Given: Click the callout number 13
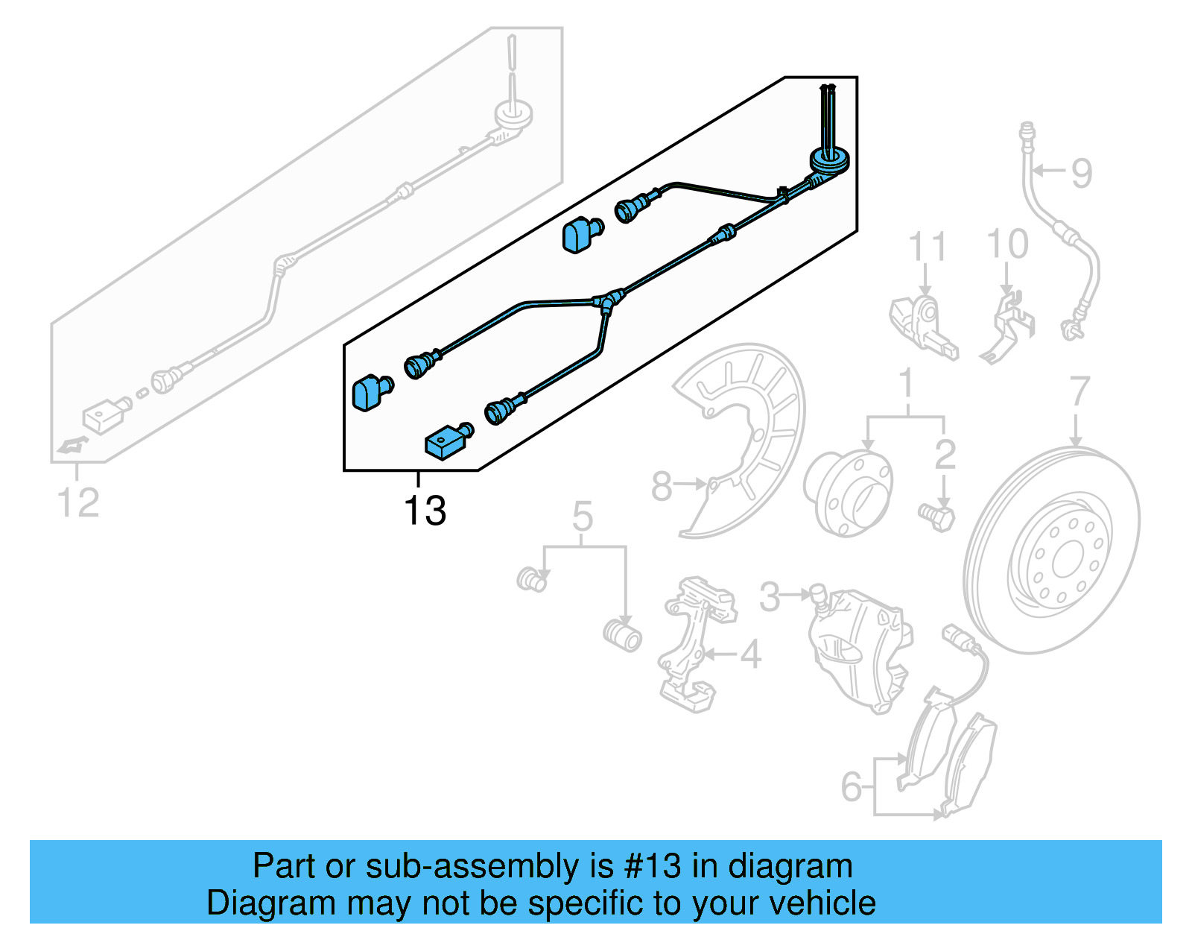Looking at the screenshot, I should point(425,511).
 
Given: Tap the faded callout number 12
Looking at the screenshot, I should point(78,502).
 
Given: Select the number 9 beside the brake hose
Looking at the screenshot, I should point(1081,173).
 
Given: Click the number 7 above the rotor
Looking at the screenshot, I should point(1080,391).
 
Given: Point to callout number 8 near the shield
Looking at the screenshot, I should point(662,486).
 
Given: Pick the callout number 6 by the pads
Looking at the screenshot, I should point(852,786).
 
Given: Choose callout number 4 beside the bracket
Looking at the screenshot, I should point(750,654).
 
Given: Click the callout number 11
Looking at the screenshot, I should point(927,247).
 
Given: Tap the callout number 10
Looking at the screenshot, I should point(1007,244).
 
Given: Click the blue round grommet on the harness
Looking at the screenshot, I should point(829,161).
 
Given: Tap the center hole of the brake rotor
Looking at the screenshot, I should point(1067,558).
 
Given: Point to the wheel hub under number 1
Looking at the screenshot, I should point(849,493).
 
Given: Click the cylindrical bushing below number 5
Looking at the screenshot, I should point(623,636).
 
